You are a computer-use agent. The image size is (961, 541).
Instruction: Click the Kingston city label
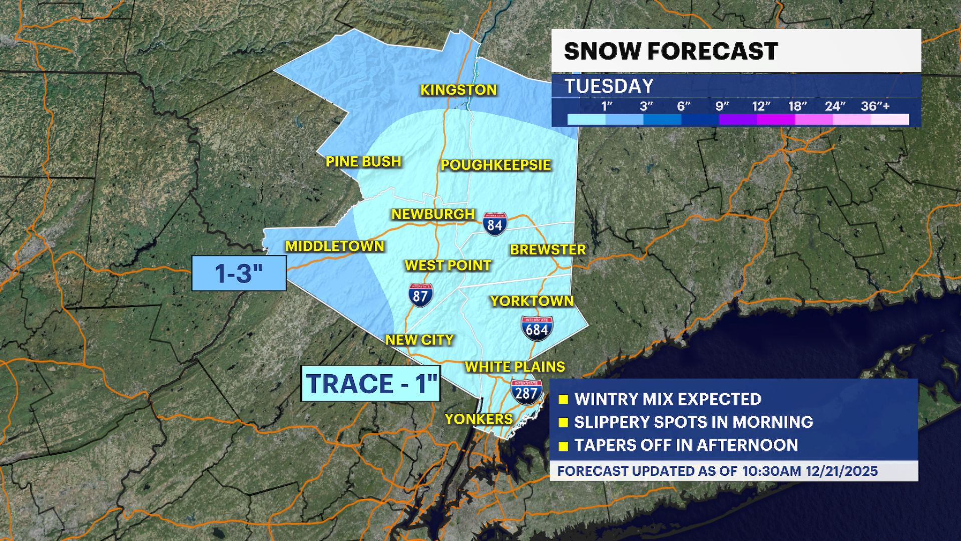tap(458, 90)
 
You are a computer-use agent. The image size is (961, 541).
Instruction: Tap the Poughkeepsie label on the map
tap(496, 165)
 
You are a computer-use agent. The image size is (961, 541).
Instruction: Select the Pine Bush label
tap(363, 162)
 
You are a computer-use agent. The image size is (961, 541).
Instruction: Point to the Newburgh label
tap(433, 214)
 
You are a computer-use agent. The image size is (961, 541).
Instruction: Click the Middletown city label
tap(335, 246)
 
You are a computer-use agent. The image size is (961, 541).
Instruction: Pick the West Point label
tap(448, 265)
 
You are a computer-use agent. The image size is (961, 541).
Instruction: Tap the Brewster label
tap(548, 250)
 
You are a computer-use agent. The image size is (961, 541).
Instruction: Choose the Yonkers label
tap(478, 419)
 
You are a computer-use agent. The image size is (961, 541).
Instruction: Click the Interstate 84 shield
tap(495, 224)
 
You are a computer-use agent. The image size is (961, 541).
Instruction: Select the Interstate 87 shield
tap(420, 296)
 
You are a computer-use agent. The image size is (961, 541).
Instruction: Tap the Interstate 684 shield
tap(537, 329)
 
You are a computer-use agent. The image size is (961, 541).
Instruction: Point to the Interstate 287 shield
tap(526, 392)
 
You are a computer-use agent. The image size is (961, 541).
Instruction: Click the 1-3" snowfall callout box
tap(239, 274)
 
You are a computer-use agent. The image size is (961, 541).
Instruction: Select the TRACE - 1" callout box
tap(371, 384)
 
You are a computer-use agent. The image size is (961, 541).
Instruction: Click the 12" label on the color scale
tap(761, 106)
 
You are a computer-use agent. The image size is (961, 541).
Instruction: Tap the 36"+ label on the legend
tap(875, 106)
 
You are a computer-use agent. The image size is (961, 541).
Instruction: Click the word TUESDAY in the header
tap(609, 86)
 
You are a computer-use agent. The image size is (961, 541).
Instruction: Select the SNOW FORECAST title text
tap(671, 51)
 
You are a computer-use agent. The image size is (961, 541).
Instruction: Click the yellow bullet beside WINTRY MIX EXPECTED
tap(564, 399)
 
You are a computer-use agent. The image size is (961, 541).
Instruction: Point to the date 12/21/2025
tap(841, 471)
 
